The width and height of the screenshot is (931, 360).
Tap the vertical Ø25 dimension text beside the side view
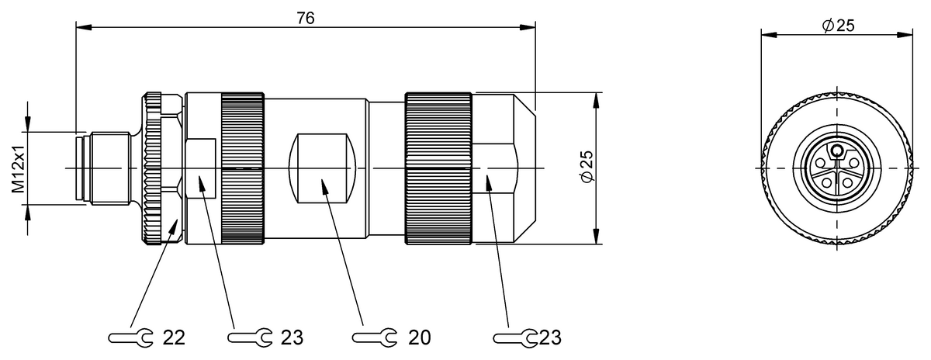coord(587,167)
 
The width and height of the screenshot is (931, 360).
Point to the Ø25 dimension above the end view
coord(837,26)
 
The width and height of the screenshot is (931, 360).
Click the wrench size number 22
coord(175,337)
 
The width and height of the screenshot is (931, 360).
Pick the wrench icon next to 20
coord(374,337)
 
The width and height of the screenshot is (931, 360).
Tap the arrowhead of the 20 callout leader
coord(321,182)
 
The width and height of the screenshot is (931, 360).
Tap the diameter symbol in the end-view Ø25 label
coord(827,26)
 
